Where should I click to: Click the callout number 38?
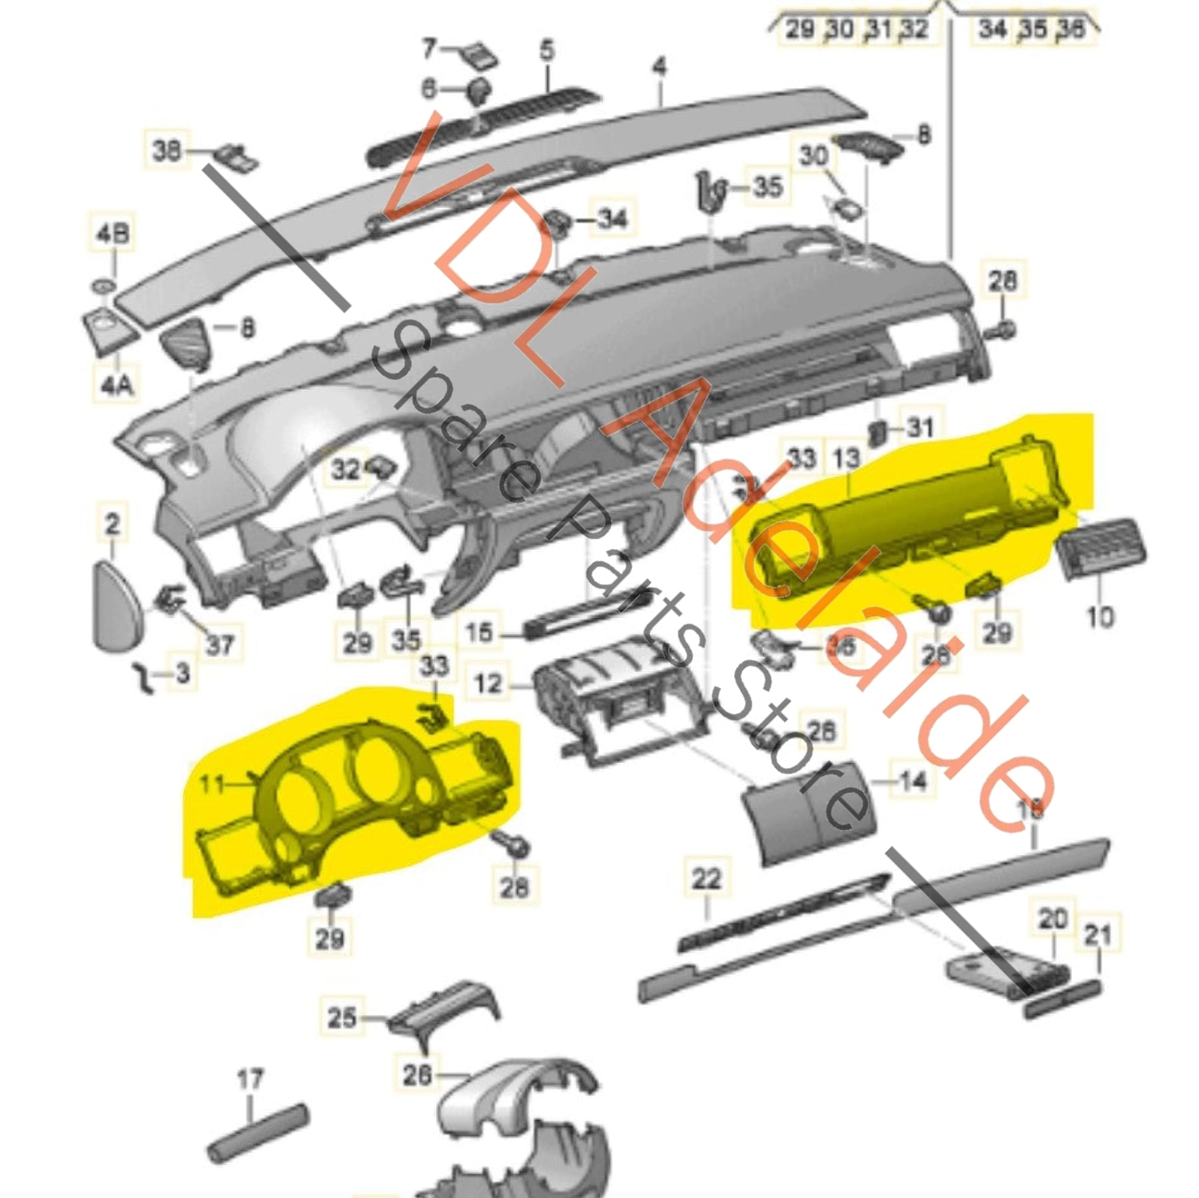167,150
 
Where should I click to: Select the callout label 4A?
117,384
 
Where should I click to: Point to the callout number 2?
112,524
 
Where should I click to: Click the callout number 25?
342,1018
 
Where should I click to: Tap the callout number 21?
1098,935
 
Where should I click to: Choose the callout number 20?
1053,919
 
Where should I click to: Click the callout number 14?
912,780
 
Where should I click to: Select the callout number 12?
488,684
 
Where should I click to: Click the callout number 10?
1100,616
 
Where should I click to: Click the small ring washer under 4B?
104,287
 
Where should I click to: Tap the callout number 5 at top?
546,51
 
